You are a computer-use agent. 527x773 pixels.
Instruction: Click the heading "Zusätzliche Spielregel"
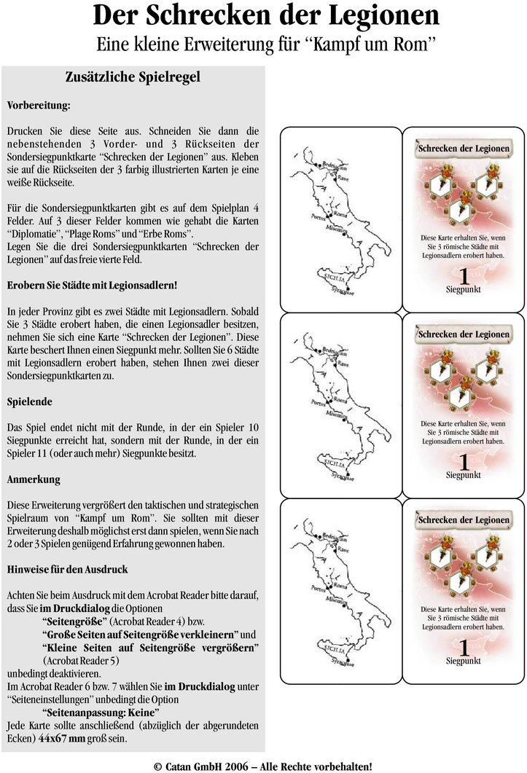133,76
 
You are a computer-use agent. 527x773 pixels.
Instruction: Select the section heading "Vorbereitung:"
39,105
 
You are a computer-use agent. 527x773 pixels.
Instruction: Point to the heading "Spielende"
28,401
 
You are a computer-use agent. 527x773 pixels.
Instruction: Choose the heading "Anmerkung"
34,480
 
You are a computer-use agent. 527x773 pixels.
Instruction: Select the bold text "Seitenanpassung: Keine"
101,711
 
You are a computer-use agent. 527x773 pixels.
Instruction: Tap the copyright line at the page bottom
263,766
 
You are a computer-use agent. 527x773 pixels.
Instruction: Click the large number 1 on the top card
464,278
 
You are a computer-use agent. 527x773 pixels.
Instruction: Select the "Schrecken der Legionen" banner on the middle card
464,334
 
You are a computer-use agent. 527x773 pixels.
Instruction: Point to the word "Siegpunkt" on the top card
464,290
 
